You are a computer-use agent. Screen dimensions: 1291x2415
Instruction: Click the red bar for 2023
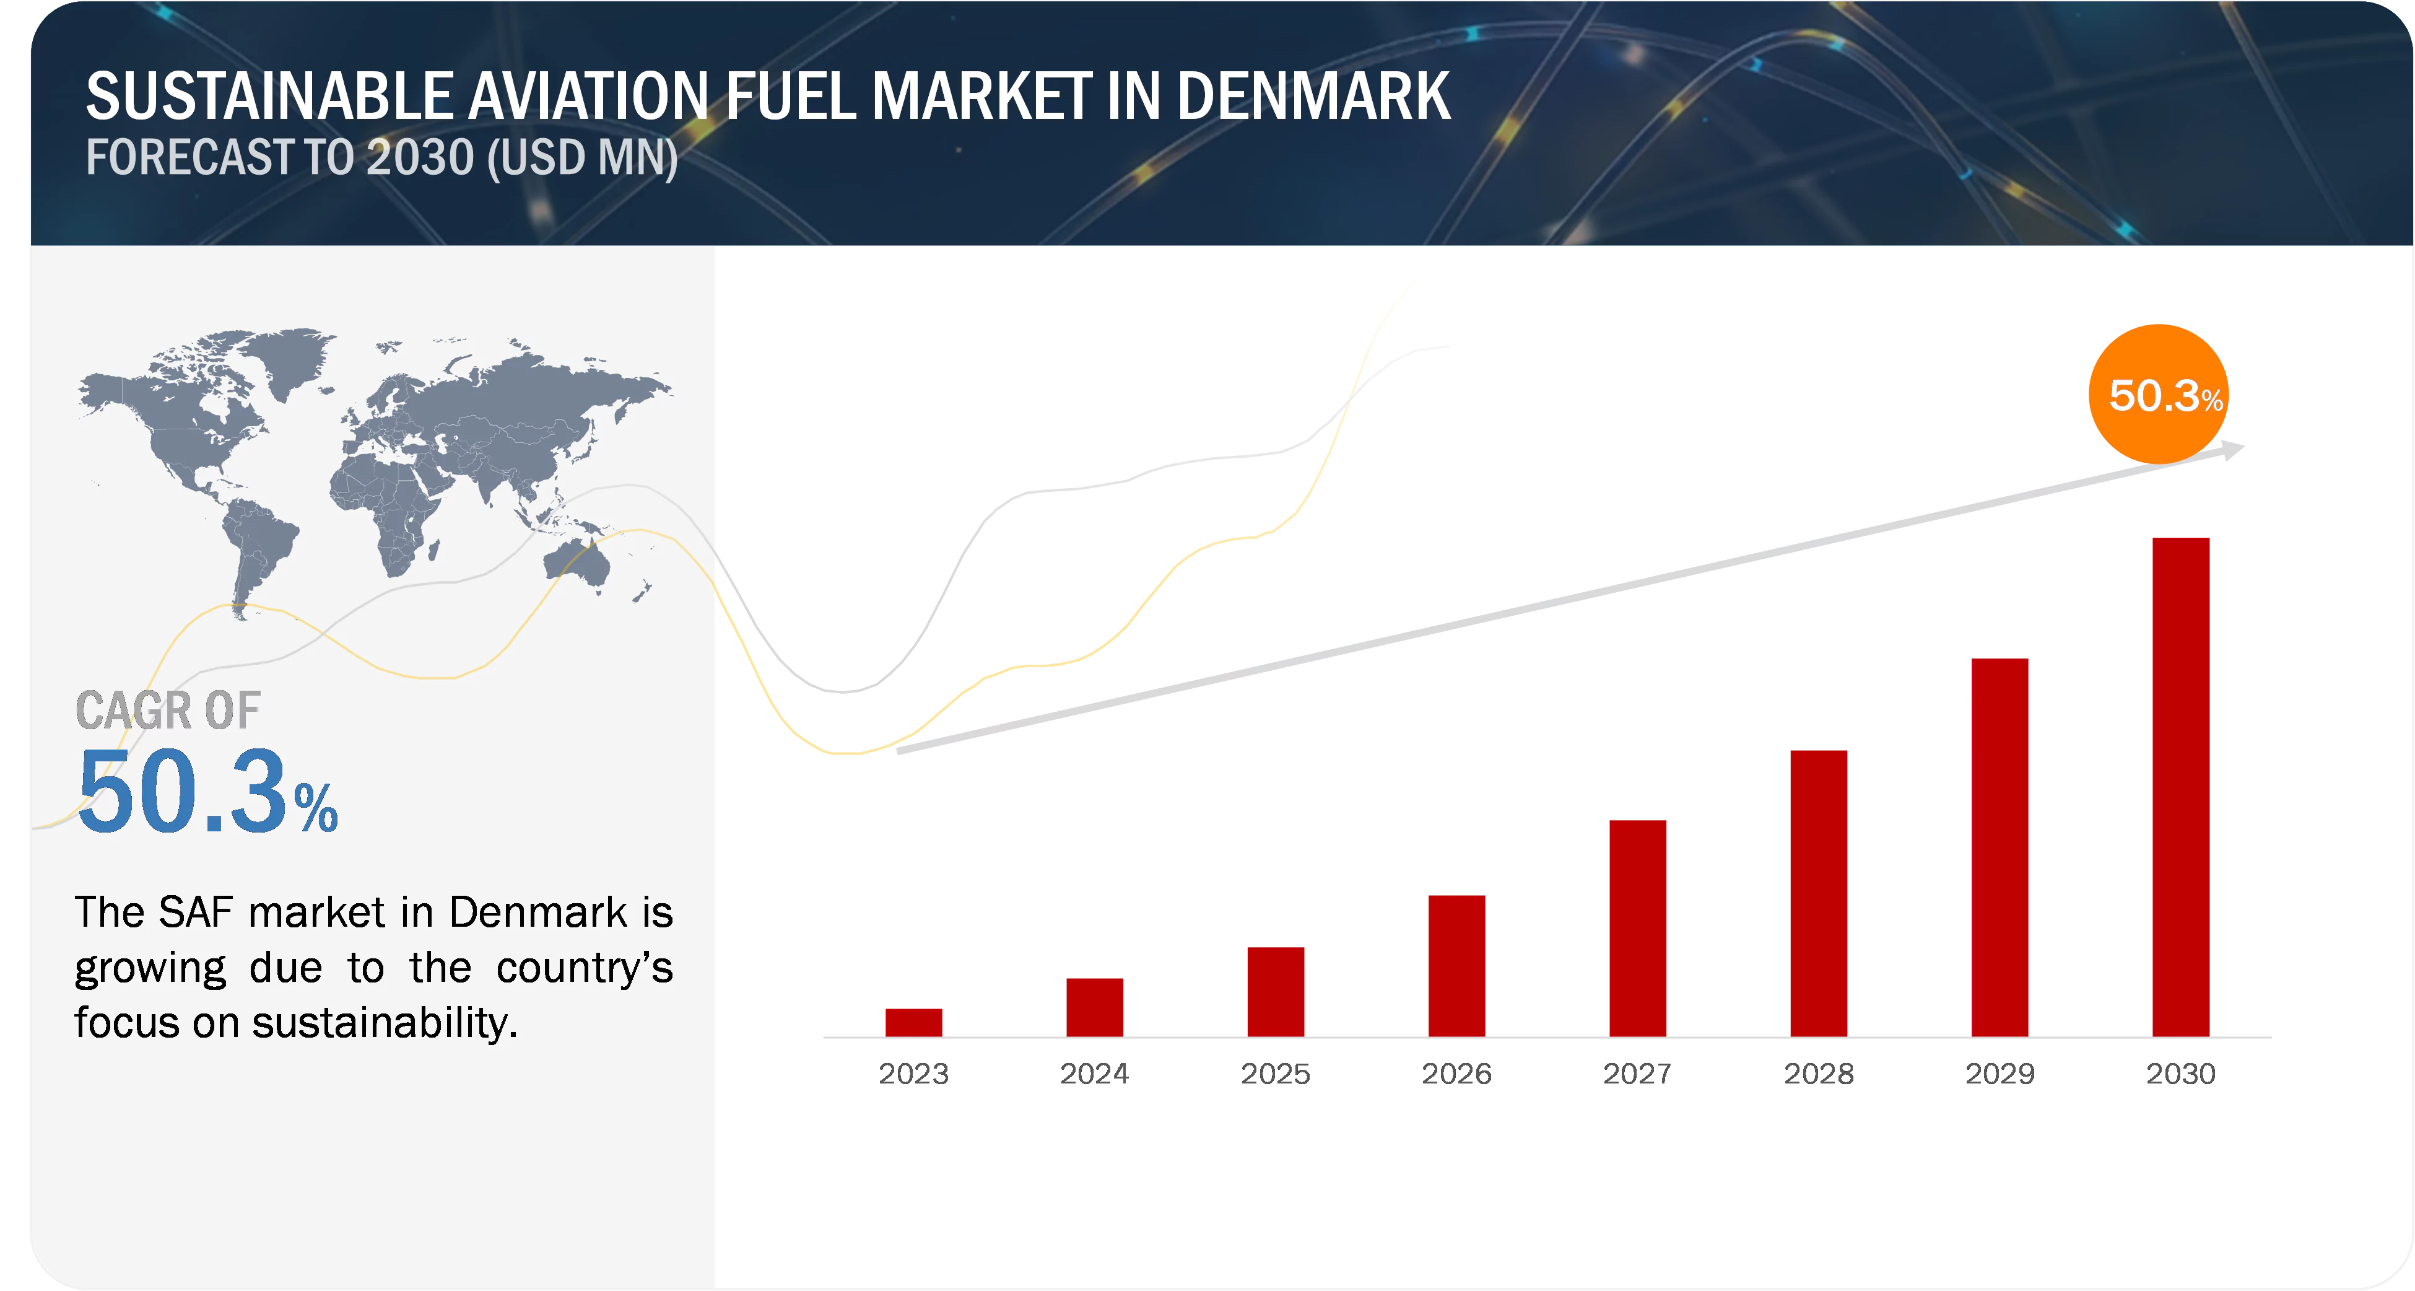(x=913, y=1022)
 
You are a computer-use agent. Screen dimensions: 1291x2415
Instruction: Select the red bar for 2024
(x=1094, y=1006)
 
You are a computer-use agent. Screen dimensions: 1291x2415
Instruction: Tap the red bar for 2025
(x=1275, y=991)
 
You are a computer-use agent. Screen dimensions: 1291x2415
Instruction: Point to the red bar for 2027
(x=1637, y=927)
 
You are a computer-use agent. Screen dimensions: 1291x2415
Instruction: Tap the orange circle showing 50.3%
(x=2158, y=394)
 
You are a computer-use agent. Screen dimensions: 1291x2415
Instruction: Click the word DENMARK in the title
(x=1313, y=97)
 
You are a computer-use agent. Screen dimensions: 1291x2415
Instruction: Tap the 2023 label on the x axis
(x=913, y=1072)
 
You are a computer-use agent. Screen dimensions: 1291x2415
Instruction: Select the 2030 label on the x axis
(x=2182, y=1072)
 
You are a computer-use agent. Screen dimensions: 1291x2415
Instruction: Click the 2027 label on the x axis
(x=1637, y=1072)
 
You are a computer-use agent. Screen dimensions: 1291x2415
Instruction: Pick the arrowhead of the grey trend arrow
(x=2236, y=451)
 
